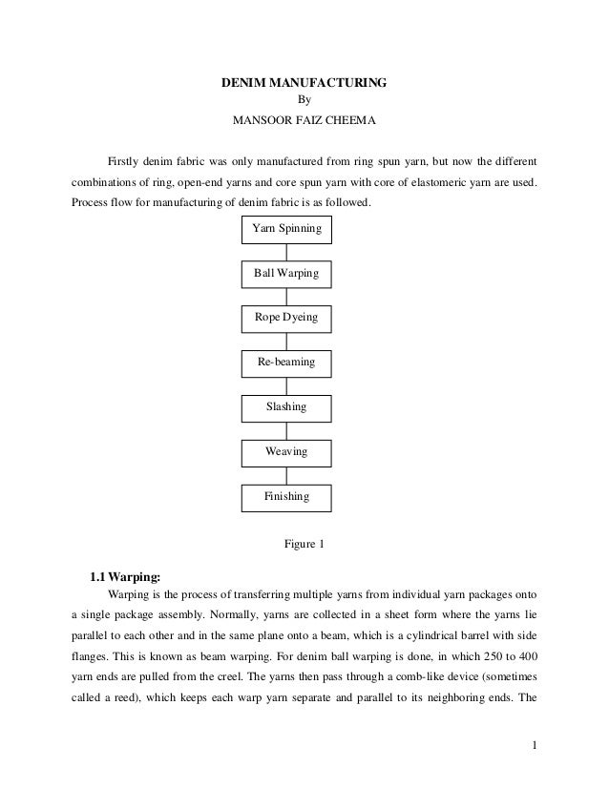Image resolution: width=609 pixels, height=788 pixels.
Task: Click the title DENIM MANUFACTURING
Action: point(304,84)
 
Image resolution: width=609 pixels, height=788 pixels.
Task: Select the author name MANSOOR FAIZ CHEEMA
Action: point(304,121)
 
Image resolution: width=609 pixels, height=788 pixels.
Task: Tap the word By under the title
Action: point(305,102)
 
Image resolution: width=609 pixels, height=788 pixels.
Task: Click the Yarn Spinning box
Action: point(286,230)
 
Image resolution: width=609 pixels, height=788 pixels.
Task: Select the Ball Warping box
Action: point(286,275)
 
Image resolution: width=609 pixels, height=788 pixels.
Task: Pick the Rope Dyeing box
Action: point(286,318)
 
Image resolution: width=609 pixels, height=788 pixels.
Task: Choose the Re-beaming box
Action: point(286,363)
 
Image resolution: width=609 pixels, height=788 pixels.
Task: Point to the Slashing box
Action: point(286,407)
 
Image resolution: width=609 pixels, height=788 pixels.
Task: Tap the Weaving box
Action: point(286,451)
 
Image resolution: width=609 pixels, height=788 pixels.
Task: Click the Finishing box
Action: point(286,497)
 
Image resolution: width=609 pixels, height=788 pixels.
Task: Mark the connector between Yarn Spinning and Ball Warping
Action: point(286,252)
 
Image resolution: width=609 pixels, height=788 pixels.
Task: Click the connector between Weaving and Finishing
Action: point(286,474)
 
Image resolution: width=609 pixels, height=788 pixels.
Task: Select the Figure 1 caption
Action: point(304,545)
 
